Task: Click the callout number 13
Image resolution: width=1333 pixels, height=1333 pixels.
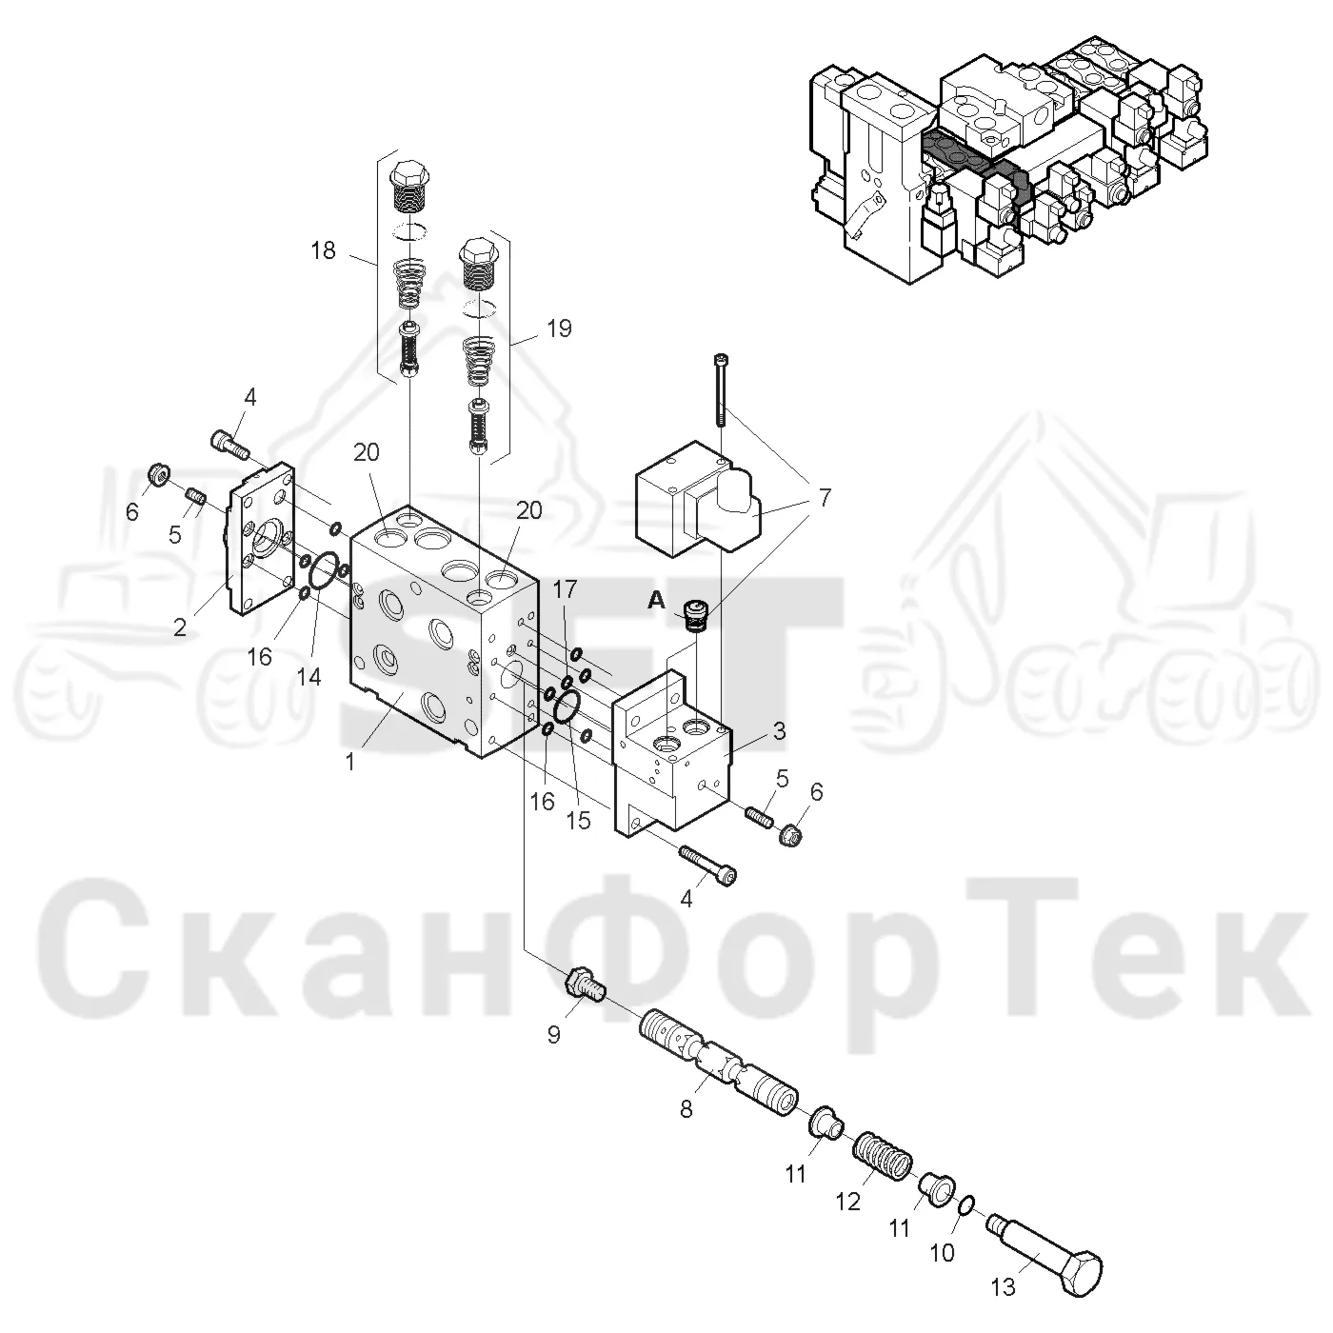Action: click(x=1003, y=1287)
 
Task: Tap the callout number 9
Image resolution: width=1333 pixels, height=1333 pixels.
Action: click(x=553, y=1035)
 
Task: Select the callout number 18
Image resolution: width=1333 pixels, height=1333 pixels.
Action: click(x=323, y=250)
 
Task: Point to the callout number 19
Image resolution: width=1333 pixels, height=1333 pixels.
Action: click(x=559, y=328)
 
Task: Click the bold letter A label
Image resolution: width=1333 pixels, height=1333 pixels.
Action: click(x=656, y=601)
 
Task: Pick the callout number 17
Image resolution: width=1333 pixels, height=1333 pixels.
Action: click(x=565, y=589)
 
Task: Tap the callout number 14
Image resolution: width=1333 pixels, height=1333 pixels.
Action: click(x=309, y=677)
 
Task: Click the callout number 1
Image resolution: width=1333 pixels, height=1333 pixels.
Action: click(x=350, y=762)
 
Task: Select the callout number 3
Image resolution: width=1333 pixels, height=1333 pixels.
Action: click(x=780, y=731)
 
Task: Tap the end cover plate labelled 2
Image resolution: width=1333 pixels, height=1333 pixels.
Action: click(x=262, y=539)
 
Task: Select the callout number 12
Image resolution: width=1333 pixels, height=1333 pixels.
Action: click(x=848, y=1221)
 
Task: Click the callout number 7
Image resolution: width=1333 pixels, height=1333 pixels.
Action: click(x=825, y=497)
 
